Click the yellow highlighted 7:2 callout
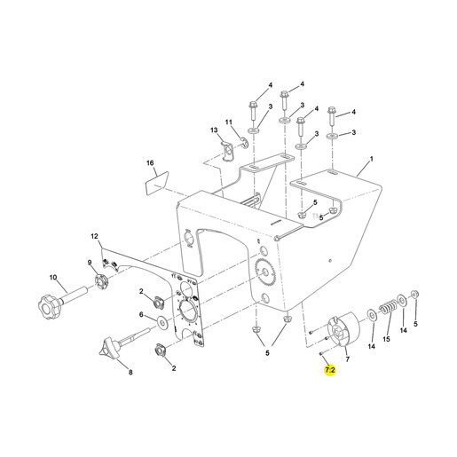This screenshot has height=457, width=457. (x=330, y=369)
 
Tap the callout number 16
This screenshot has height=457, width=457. (x=150, y=163)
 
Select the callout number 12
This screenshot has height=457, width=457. (x=94, y=236)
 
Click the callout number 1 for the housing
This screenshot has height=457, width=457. (x=372, y=159)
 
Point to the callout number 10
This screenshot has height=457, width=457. (x=53, y=278)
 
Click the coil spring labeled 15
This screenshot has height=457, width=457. (x=386, y=307)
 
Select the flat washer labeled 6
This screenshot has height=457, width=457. (x=162, y=322)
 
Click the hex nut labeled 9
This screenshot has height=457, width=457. (x=101, y=282)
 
